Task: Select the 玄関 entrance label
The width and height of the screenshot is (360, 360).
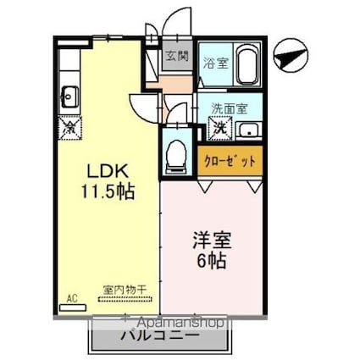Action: (176, 57)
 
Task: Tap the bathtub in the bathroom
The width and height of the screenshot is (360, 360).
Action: (247, 63)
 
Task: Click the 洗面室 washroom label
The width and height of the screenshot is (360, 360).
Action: (229, 109)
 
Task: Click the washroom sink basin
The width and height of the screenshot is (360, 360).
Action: (247, 130)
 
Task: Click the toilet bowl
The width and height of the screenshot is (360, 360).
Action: (177, 153)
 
